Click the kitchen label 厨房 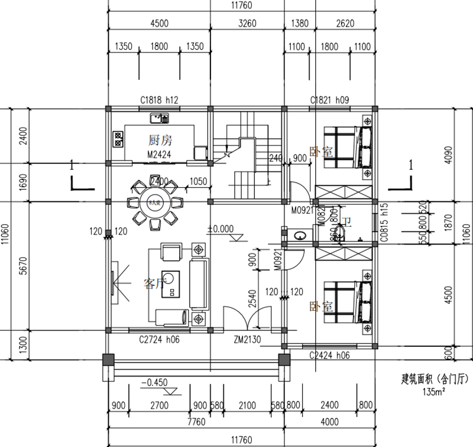tap(160, 140)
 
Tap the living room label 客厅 tap(153, 284)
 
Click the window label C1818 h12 tap(159, 101)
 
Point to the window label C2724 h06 tap(160, 340)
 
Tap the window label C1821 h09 tap(329, 101)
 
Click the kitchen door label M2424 tap(159, 155)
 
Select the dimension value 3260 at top tap(247, 24)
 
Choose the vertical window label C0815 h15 tap(384, 224)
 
